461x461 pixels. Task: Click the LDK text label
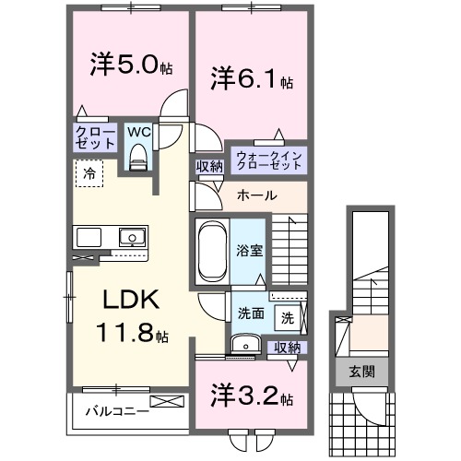pos(131,300)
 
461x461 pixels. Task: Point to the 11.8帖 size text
pos(131,332)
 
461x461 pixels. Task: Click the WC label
pos(137,132)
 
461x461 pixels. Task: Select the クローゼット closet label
pos(96,138)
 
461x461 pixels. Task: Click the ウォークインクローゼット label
pos(268,160)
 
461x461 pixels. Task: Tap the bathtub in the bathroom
pos(212,249)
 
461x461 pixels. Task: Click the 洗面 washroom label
pos(250,313)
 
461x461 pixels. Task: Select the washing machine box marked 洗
pos(287,318)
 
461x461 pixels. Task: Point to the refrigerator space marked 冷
pos(89,172)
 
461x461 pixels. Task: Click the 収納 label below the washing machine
pos(288,348)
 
